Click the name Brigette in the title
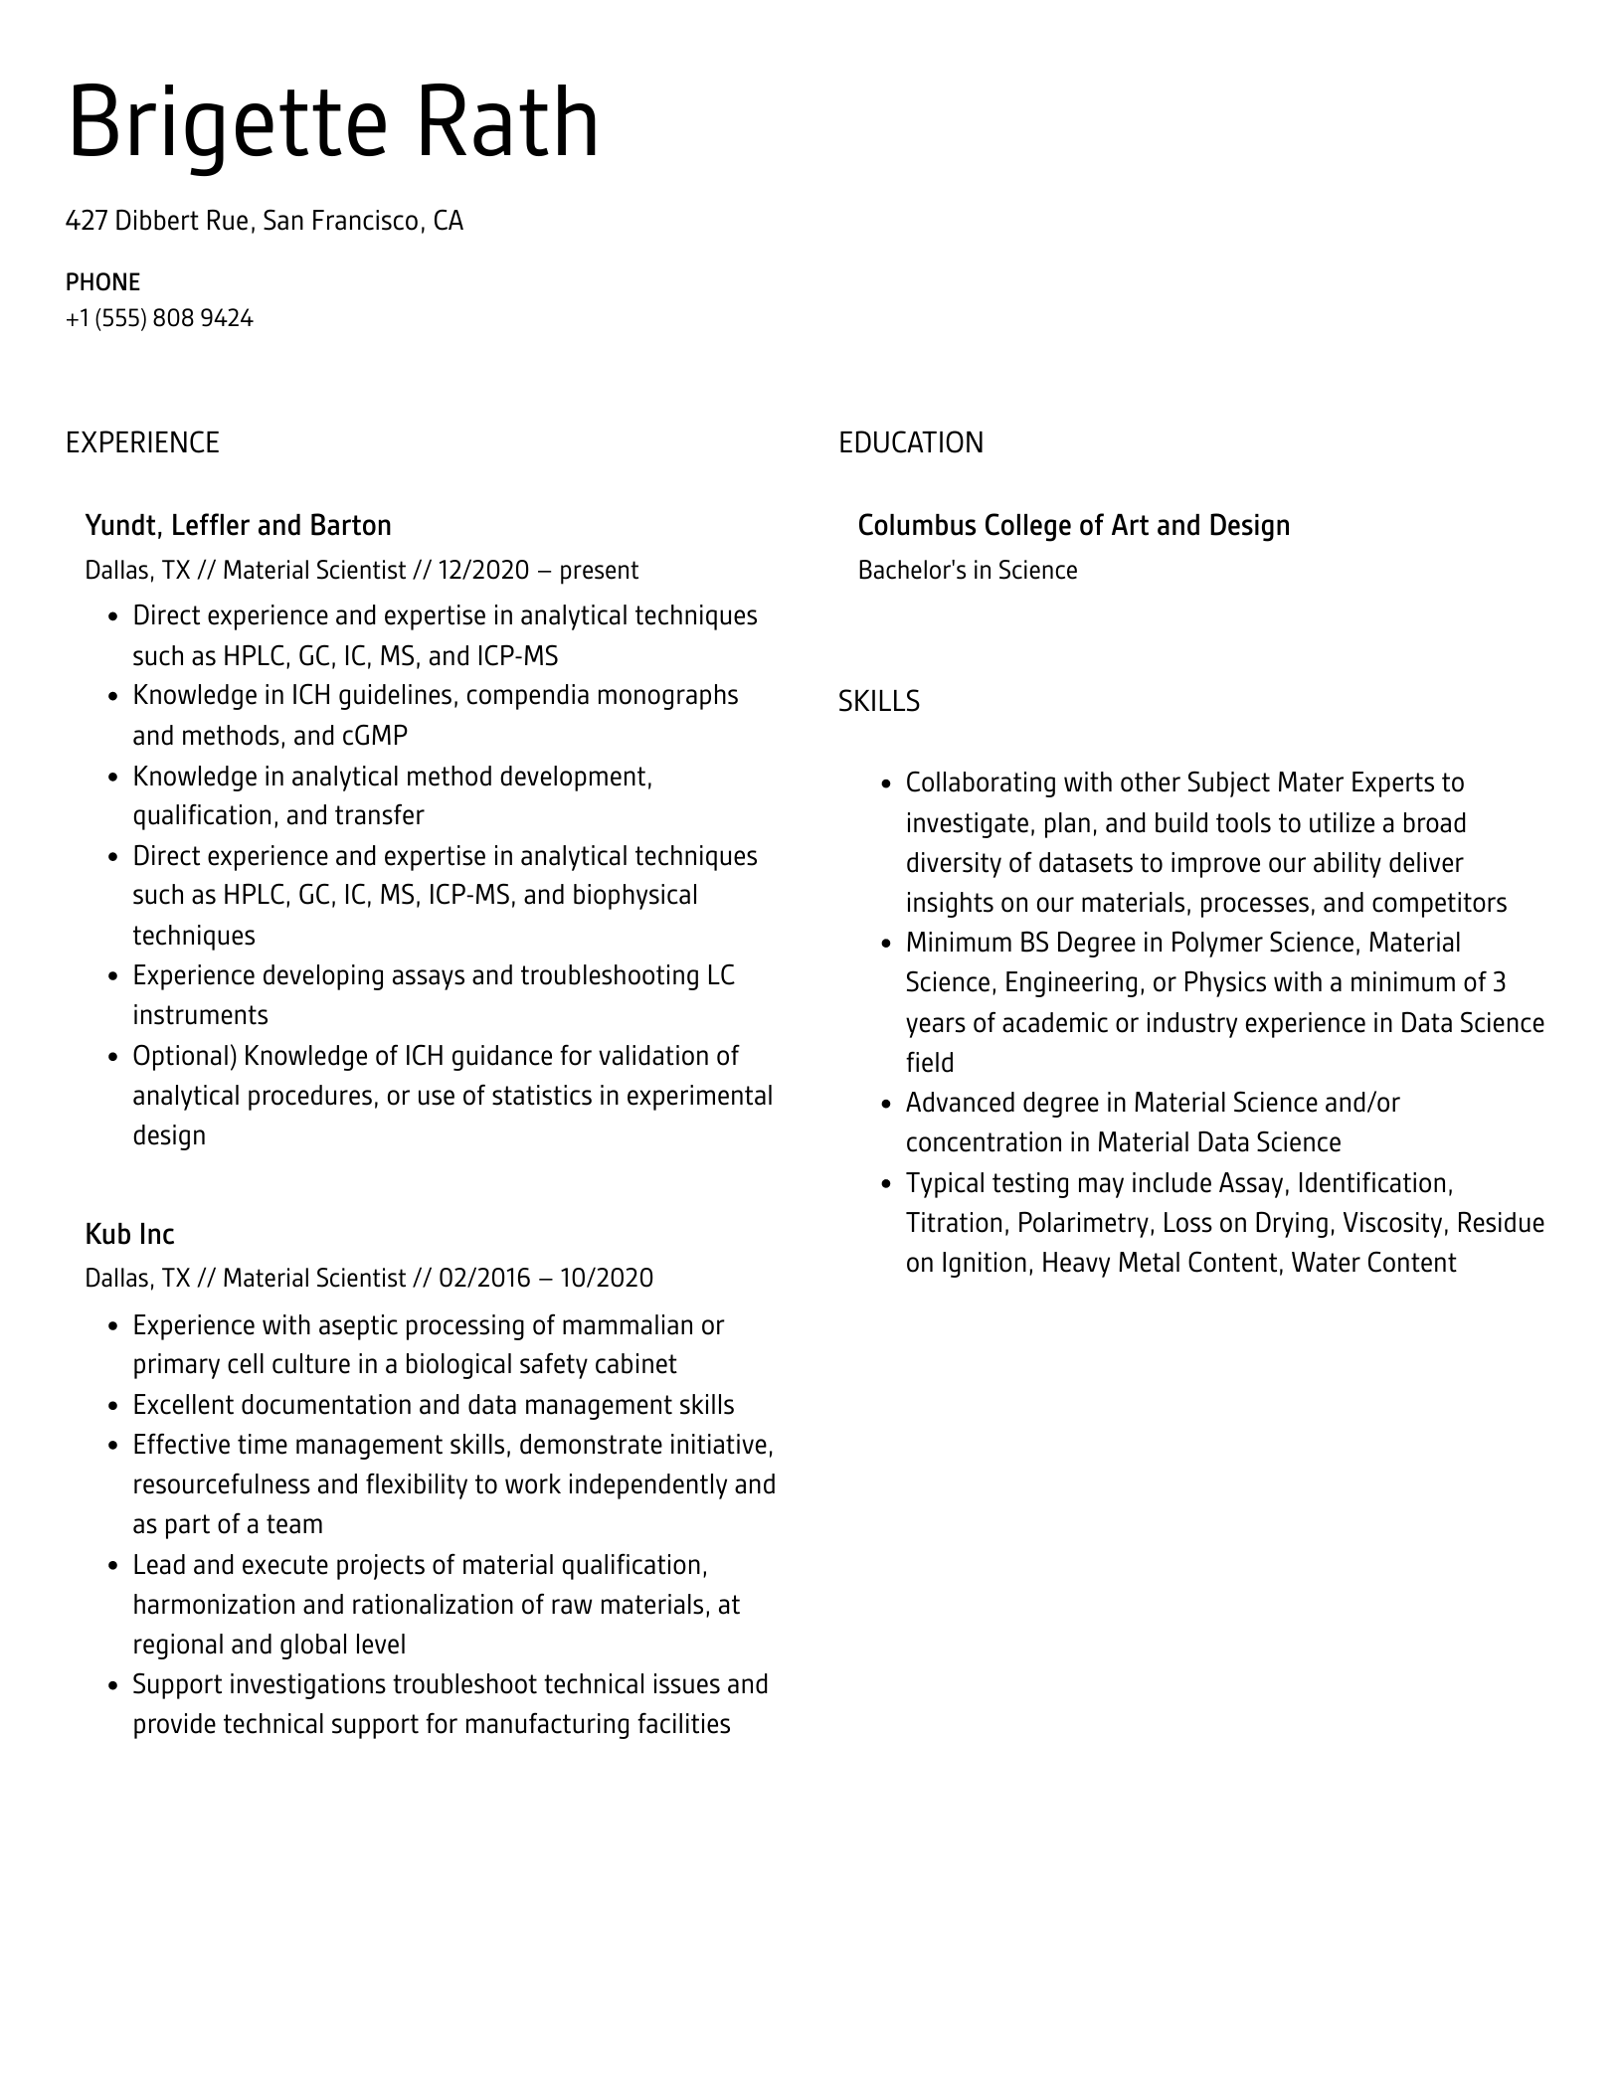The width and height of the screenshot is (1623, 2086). click(x=227, y=123)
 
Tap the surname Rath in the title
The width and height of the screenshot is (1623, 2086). click(x=506, y=123)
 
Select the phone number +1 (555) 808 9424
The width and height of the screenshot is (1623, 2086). click(x=159, y=318)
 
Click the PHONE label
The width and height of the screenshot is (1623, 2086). click(x=102, y=282)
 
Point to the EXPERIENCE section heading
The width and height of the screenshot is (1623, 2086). click(x=142, y=442)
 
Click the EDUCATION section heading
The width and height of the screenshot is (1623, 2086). click(x=910, y=442)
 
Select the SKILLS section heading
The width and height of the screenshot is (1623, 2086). click(x=878, y=702)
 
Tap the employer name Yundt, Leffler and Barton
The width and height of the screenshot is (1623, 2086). click(x=238, y=525)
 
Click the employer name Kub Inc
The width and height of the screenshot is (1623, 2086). click(x=129, y=1234)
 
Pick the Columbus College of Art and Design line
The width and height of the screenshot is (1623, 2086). click(x=1073, y=525)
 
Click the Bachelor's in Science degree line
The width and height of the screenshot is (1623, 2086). click(x=967, y=570)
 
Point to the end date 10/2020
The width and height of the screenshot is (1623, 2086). click(x=607, y=1278)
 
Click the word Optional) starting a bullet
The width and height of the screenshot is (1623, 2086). click(x=185, y=1056)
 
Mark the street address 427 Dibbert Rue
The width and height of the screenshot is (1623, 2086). click(x=157, y=220)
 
